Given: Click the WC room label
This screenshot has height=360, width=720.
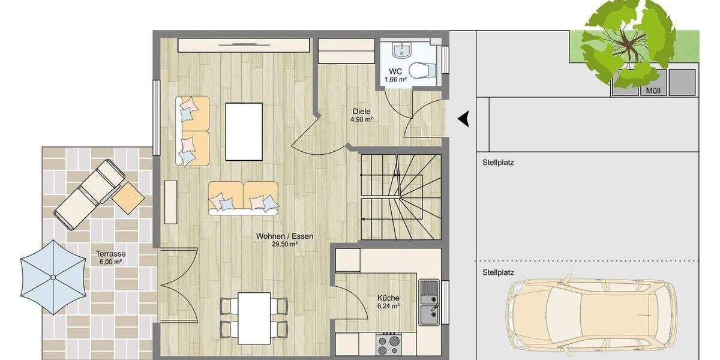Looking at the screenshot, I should click(395, 71).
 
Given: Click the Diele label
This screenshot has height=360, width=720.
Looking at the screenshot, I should click(361, 111).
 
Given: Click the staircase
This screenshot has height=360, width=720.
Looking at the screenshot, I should click(400, 197).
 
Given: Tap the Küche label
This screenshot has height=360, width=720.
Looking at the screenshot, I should click(388, 298).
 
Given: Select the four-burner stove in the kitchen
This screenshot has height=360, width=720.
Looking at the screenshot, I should click(389, 344).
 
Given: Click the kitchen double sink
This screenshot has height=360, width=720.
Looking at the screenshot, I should click(429, 302).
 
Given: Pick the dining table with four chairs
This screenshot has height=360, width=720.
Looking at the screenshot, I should click(254, 317).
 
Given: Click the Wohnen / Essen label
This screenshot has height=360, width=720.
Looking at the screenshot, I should click(284, 236).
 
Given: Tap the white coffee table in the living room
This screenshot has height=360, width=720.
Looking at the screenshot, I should click(244, 131).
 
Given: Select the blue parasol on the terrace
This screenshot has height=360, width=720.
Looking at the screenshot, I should click(53, 277).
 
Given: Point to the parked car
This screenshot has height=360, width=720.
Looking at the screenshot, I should click(591, 313).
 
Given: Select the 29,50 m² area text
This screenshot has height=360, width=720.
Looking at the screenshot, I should click(284, 244).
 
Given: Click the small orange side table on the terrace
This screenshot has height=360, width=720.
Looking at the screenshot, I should click(128, 197).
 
